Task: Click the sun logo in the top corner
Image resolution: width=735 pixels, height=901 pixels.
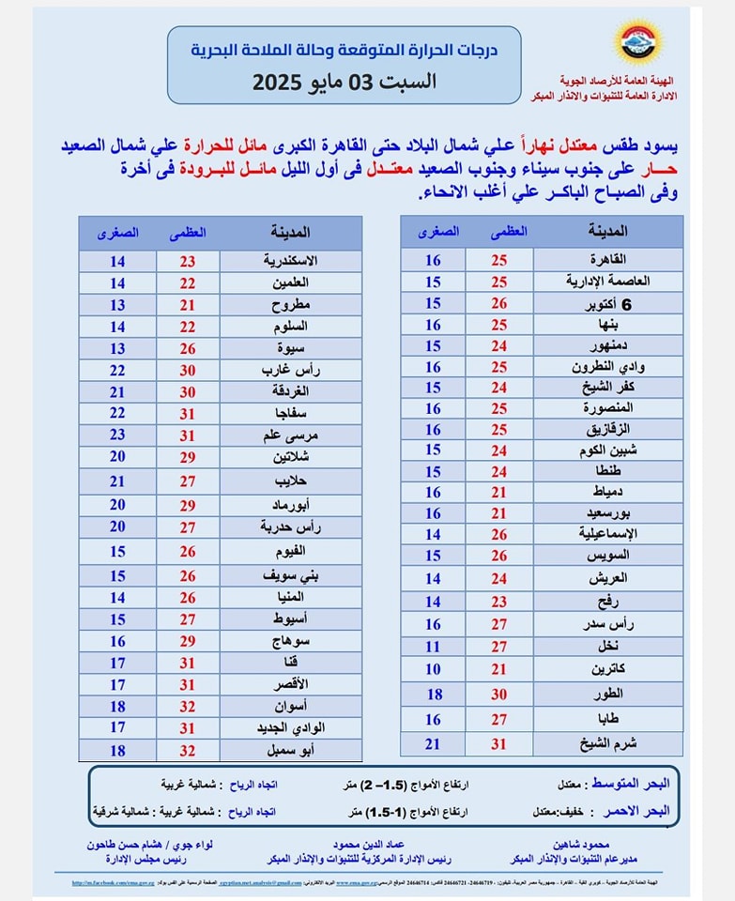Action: click(x=638, y=43)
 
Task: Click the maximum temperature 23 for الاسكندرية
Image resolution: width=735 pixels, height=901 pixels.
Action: click(x=187, y=260)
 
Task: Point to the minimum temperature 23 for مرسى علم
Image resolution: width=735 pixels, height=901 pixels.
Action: click(x=117, y=435)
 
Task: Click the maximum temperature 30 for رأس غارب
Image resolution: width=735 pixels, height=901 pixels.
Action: click(x=187, y=370)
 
